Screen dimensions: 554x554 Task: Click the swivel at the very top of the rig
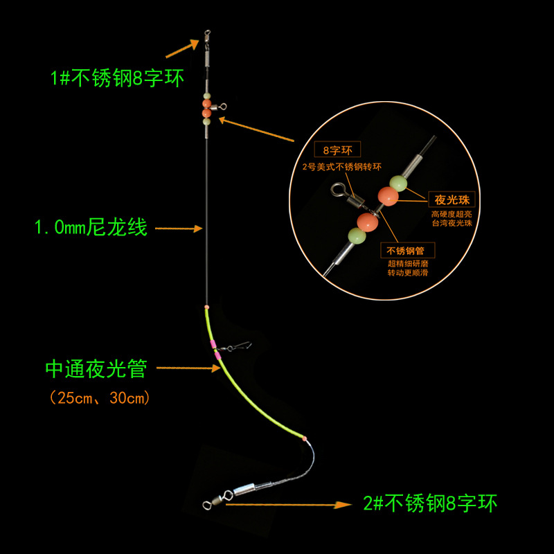(206, 35)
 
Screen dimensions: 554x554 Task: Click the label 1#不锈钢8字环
(117, 78)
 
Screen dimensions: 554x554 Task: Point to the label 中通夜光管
(96, 368)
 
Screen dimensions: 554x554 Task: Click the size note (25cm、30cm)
(100, 398)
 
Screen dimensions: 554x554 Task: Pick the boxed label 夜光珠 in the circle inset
(448, 199)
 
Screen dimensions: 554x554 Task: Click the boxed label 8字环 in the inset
(331, 149)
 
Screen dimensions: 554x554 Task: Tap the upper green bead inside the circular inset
(397, 183)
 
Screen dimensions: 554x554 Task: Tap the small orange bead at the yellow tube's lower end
(305, 438)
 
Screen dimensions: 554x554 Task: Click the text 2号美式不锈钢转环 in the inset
(333, 167)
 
